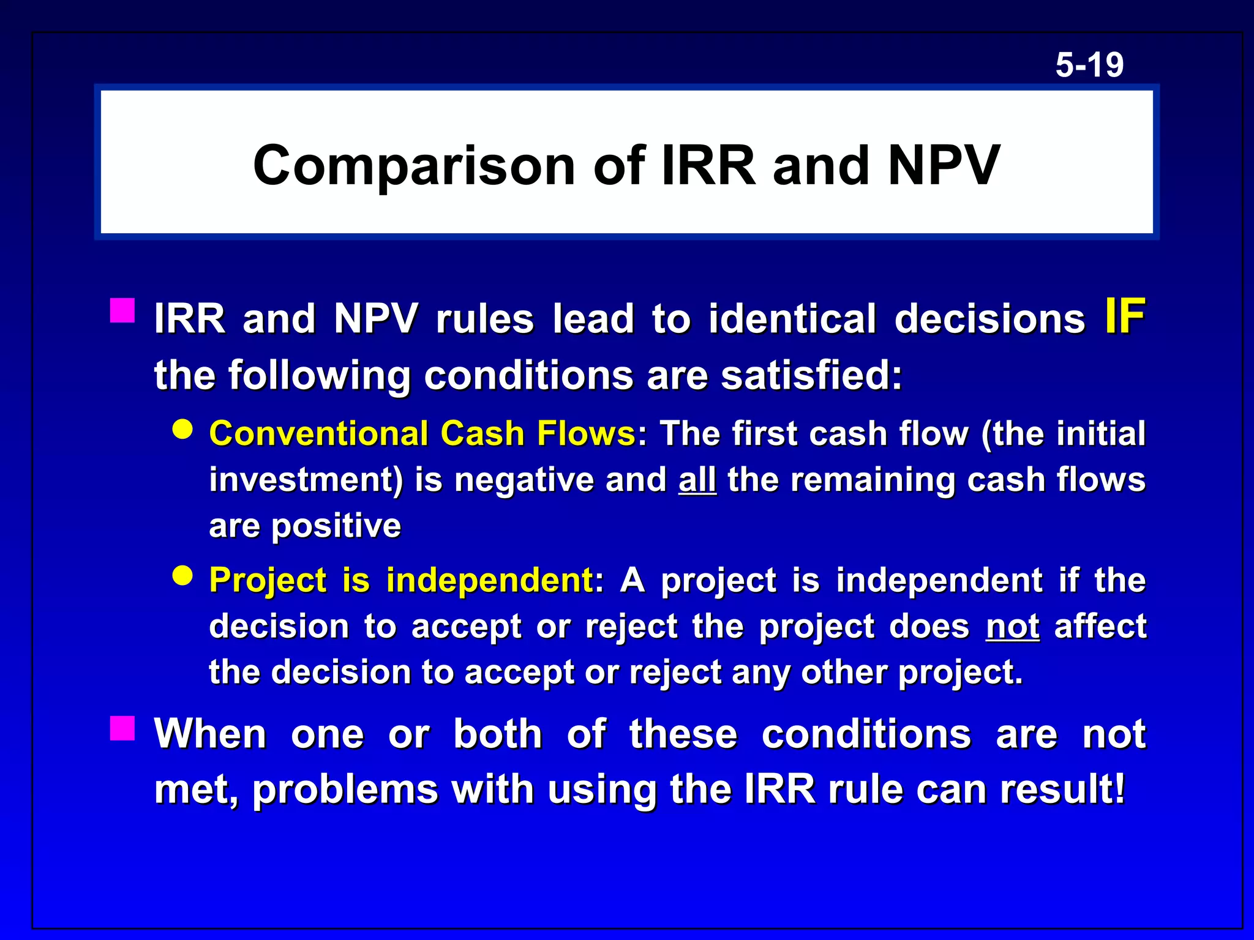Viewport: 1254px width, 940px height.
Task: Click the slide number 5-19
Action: tap(1089, 65)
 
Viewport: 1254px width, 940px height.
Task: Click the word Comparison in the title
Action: tap(414, 165)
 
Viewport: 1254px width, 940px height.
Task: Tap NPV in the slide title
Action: tap(944, 165)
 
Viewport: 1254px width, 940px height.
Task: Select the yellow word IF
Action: tap(1125, 316)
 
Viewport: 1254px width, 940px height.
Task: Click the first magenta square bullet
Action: tap(122, 310)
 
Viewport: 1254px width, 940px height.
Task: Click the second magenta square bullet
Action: tap(122, 728)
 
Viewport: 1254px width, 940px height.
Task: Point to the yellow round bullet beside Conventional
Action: tap(182, 430)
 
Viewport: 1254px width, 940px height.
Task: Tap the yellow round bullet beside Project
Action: tap(182, 576)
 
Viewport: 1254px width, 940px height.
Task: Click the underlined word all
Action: tap(697, 480)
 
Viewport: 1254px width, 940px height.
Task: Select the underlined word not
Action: tap(1012, 627)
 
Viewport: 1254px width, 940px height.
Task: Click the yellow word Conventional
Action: tap(318, 434)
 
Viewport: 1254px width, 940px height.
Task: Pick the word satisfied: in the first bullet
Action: tap(811, 375)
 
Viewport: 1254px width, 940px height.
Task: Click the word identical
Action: tap(792, 319)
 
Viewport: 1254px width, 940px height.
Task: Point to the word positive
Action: tap(336, 526)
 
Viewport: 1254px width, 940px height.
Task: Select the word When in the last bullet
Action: tap(210, 734)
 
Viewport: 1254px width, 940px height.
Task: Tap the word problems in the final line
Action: tap(345, 790)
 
